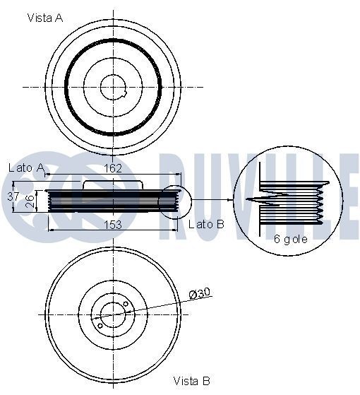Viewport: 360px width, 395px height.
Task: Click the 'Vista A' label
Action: [x=45, y=18]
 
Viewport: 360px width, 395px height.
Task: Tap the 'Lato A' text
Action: [x=26, y=167]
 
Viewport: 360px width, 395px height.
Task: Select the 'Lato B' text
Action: [x=206, y=224]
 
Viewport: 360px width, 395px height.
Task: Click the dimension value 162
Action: [x=113, y=168]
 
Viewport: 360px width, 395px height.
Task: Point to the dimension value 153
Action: [x=113, y=224]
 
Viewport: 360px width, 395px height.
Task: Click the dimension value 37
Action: [x=13, y=196]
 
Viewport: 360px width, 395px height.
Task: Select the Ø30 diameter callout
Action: [x=200, y=293]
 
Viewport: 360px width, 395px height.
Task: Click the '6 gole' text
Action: [x=289, y=240]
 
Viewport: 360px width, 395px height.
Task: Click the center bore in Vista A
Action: [x=114, y=87]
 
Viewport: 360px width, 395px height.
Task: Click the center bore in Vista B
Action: [x=113, y=314]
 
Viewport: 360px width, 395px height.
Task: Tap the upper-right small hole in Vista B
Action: [x=126, y=305]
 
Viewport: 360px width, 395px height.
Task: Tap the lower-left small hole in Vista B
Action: [x=100, y=325]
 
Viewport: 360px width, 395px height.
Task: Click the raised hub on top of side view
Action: [x=113, y=184]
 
